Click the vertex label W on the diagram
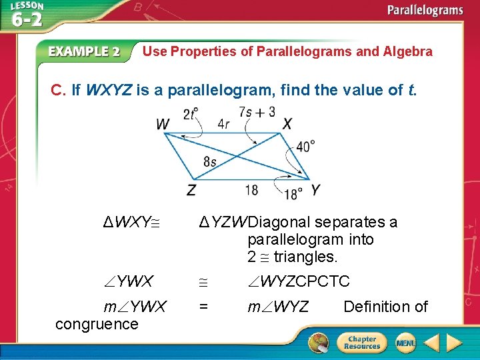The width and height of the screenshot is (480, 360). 163,124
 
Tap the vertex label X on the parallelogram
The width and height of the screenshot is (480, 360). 287,124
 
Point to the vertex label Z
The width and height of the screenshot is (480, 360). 191,191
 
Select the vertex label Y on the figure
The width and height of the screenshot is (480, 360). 315,190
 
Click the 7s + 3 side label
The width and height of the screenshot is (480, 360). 257,112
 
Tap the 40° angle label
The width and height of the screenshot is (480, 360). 306,146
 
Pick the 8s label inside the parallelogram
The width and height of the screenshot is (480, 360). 209,161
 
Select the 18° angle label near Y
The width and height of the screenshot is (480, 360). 293,194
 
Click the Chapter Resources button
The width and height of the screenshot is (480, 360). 361,343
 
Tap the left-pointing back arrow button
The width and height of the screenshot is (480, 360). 431,343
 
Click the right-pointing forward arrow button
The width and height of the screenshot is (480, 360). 454,343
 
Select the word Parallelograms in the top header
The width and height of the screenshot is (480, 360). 425,10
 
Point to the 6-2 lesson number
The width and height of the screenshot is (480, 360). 27,19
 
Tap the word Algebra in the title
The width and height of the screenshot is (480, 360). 407,51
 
